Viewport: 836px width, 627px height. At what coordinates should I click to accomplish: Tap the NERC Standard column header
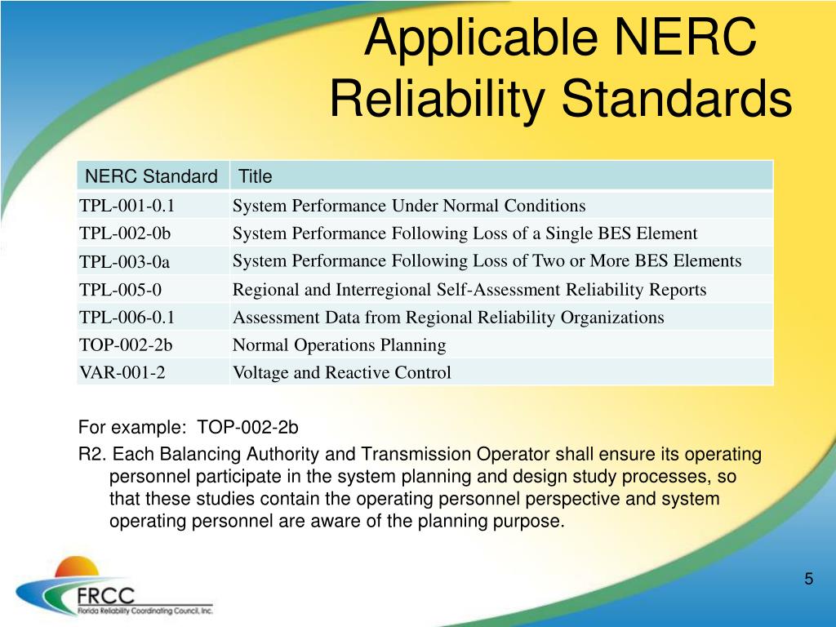[152, 176]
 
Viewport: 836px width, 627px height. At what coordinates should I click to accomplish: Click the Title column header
[255, 176]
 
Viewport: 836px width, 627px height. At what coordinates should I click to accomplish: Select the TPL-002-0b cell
[125, 233]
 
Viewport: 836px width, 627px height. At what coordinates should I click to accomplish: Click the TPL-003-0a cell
[125, 262]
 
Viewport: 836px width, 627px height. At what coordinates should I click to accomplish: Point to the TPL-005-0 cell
[120, 290]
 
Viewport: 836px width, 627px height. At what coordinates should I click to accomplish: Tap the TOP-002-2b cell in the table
[126, 345]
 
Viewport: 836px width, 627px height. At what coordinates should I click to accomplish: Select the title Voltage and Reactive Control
[341, 373]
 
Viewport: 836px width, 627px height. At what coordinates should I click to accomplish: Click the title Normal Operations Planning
[339, 345]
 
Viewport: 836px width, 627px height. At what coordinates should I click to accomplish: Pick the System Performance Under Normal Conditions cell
[409, 206]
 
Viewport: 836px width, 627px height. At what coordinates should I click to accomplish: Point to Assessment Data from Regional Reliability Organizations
[448, 318]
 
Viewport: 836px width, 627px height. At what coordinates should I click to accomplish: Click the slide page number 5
[808, 580]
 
